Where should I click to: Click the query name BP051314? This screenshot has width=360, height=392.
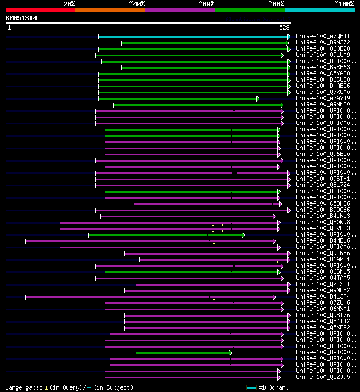coord(21,18)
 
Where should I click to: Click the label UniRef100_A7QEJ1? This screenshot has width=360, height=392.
coord(323,36)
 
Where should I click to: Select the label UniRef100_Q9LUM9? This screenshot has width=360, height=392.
coord(323,55)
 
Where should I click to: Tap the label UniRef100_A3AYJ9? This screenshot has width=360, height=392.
coord(323,98)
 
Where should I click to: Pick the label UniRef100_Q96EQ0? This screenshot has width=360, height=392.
coord(323,154)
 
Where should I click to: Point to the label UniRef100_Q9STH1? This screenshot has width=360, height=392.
coord(323,179)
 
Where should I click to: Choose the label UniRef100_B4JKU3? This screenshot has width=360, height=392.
coord(323,216)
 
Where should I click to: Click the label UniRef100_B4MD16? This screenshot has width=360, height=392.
coord(323,240)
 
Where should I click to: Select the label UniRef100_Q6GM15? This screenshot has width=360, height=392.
coord(323,271)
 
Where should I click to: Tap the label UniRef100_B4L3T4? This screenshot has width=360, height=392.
coord(323,296)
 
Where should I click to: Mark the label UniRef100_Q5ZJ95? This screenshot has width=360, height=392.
coord(323,377)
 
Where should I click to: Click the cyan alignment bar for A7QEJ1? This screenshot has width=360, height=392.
coord(191,37)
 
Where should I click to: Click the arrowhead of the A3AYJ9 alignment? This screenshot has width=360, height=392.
coord(258,99)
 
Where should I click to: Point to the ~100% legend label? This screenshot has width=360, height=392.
coord(344,3)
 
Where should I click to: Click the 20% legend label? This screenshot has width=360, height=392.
coord(69,3)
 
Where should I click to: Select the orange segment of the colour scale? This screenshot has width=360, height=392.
coord(110,10)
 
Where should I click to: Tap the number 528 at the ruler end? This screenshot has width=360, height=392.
coord(284,27)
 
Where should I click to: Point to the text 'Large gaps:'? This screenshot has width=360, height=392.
coord(22,387)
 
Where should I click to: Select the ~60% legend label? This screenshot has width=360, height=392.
coord(206,3)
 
